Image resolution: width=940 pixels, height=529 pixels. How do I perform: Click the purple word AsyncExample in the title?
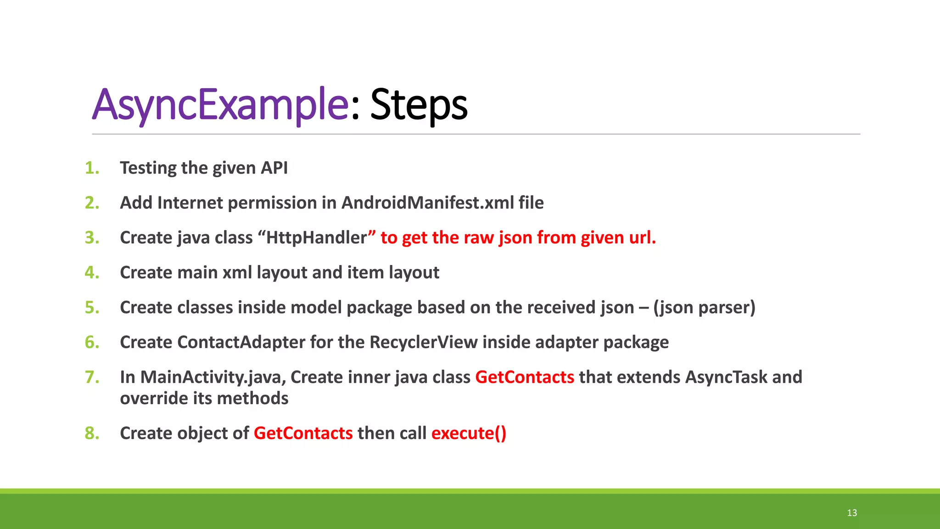pyautogui.click(x=220, y=105)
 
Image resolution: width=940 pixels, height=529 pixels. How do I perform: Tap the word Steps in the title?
pyautogui.click(x=419, y=105)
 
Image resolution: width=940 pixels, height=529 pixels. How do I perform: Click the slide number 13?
pyautogui.click(x=852, y=513)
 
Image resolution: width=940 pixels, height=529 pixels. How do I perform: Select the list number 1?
pyautogui.click(x=92, y=168)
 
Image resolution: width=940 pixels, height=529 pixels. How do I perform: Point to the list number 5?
pyautogui.click(x=92, y=308)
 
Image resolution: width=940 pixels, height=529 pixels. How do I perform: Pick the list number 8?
pyautogui.click(x=92, y=433)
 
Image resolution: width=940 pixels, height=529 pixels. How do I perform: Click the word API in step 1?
pyautogui.click(x=274, y=168)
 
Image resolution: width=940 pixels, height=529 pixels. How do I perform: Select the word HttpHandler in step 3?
pyautogui.click(x=317, y=238)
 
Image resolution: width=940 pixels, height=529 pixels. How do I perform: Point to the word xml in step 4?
pyautogui.click(x=237, y=273)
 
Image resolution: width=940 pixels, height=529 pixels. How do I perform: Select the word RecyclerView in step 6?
pyautogui.click(x=423, y=343)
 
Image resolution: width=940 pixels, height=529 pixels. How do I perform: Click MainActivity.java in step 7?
pyautogui.click(x=213, y=377)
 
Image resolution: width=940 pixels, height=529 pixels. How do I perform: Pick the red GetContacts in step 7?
pyautogui.click(x=525, y=377)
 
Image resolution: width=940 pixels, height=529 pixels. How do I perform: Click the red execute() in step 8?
pyautogui.click(x=469, y=433)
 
